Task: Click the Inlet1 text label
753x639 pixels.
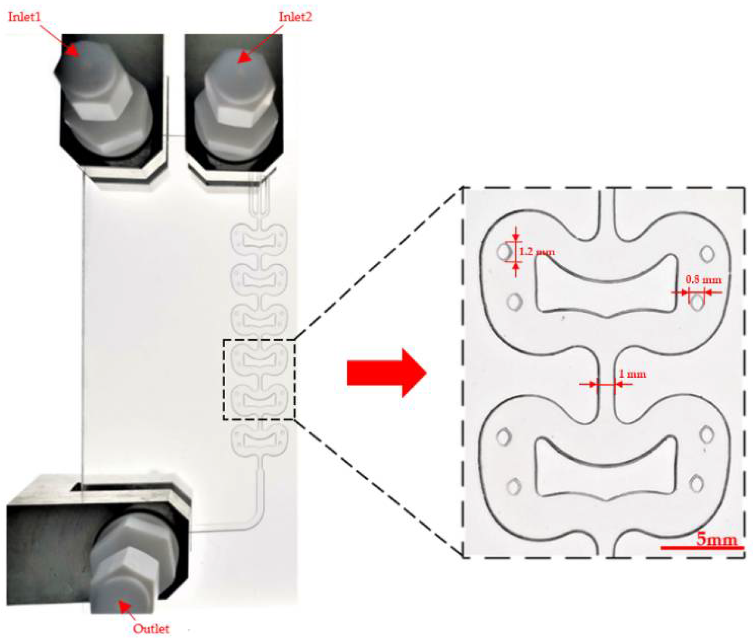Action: tap(24, 17)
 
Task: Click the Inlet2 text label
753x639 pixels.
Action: tap(295, 17)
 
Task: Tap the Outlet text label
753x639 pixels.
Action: tap(151, 628)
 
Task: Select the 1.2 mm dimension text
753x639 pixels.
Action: tap(537, 251)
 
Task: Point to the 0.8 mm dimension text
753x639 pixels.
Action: tap(703, 280)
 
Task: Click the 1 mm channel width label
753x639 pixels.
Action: tap(633, 374)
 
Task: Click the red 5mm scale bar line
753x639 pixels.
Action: tap(702, 548)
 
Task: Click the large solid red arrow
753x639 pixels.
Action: tap(387, 373)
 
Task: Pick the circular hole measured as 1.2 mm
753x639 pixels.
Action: tap(504, 251)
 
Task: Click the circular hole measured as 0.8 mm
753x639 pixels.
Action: tap(697, 302)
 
